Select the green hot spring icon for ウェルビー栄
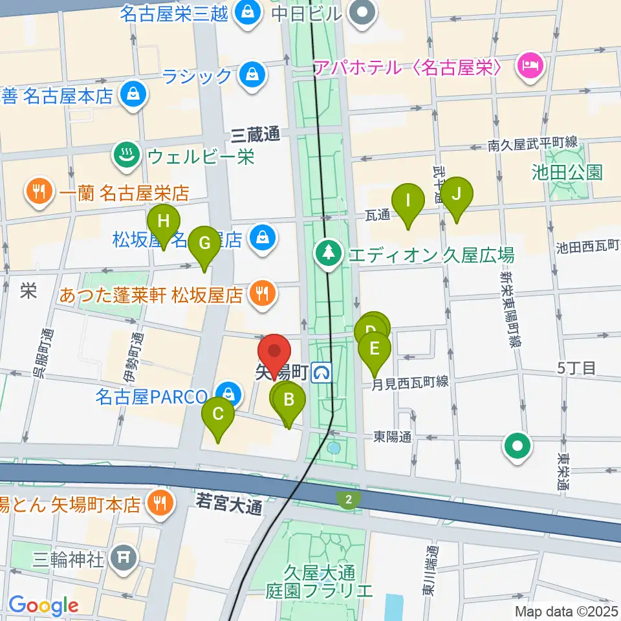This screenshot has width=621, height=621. pos(123,155)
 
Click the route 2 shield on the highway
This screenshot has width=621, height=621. pos(348,498)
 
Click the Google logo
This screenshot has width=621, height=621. pos(43,605)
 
